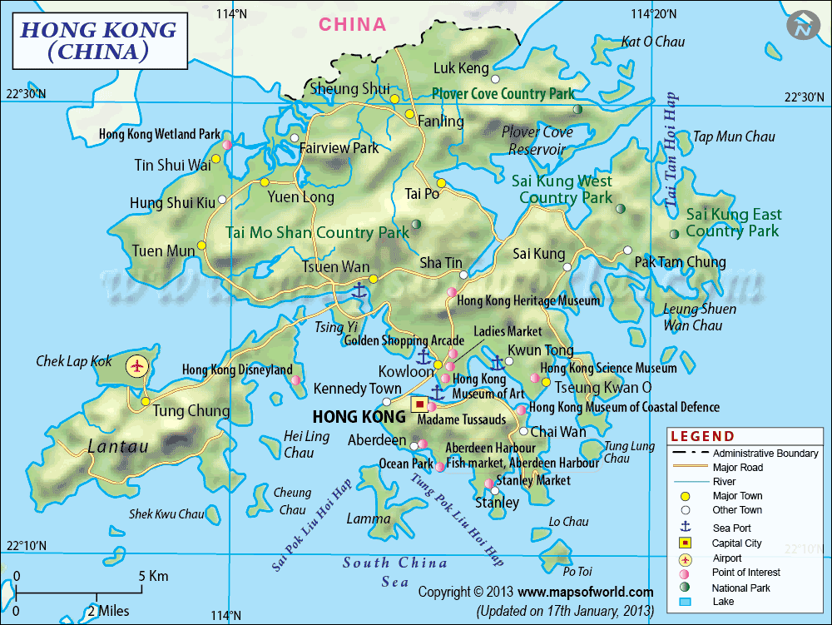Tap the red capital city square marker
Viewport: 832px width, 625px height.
(420, 405)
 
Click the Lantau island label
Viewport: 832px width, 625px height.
(118, 447)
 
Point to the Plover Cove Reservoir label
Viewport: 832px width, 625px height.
(537, 141)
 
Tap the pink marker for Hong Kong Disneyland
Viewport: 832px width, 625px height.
(295, 380)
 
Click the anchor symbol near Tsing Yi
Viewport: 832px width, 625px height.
(359, 290)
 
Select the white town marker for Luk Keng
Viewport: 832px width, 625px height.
(495, 79)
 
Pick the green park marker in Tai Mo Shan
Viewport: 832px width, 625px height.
(416, 224)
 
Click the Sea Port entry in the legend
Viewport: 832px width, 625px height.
(731, 528)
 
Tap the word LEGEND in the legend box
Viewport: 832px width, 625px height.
(703, 436)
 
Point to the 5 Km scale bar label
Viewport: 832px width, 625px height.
(153, 576)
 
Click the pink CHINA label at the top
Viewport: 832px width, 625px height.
(353, 24)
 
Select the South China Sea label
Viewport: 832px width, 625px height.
(395, 573)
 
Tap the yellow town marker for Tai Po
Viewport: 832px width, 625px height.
(441, 184)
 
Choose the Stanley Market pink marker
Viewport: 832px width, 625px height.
(488, 484)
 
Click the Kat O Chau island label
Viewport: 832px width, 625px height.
(653, 42)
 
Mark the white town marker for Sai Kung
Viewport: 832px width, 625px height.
(567, 267)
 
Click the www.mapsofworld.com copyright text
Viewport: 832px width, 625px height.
(585, 592)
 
